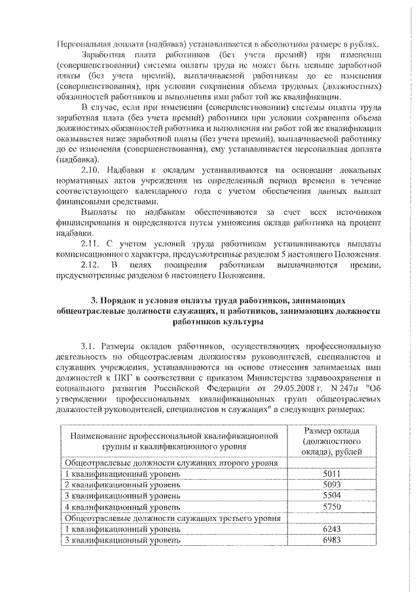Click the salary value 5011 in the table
tap(333, 474)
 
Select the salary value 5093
tap(333, 485)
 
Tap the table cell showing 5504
tap(333, 496)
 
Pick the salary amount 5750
tap(333, 507)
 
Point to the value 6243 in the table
tap(333, 529)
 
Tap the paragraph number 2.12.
tap(89, 265)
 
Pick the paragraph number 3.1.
tap(90, 345)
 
